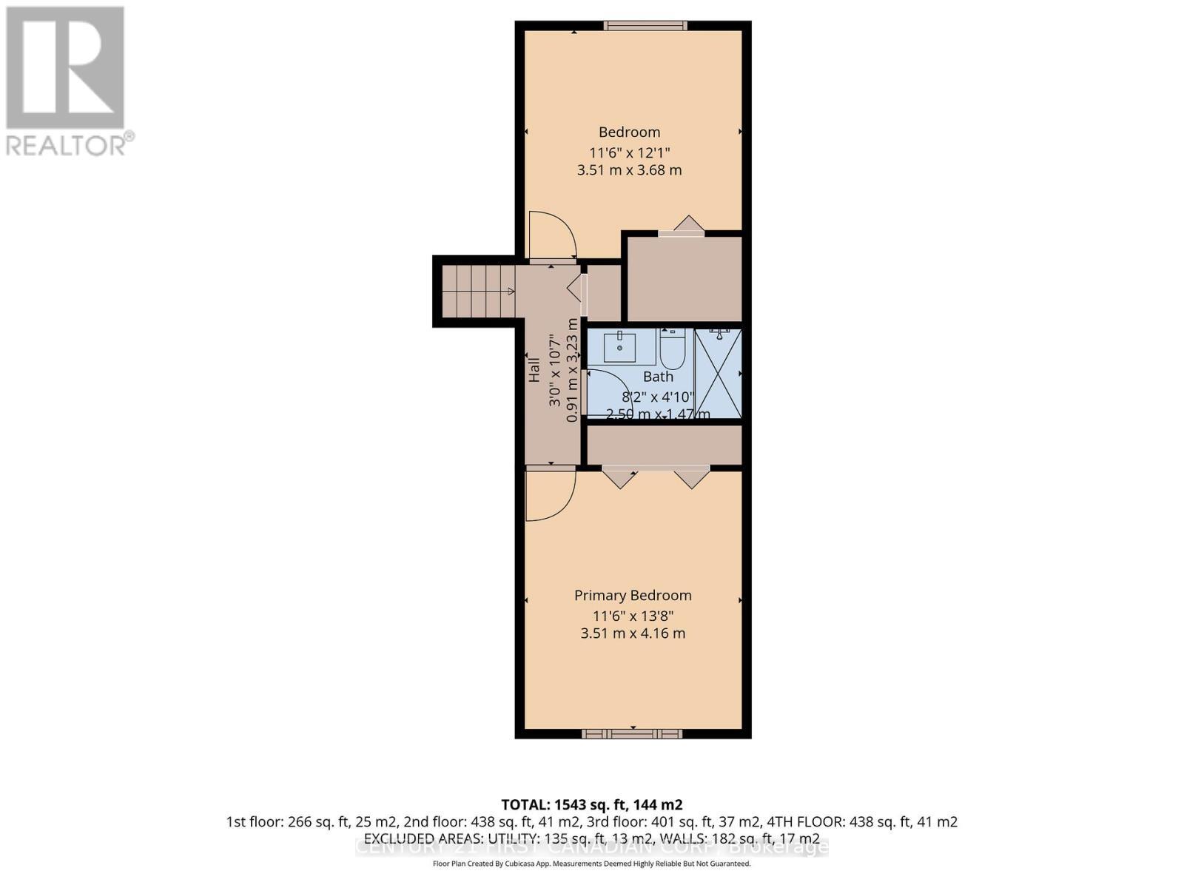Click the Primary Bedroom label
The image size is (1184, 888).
tap(633, 596)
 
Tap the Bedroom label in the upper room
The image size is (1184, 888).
tap(629, 132)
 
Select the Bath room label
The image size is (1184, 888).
tap(658, 377)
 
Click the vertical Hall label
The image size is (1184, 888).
tap(534, 370)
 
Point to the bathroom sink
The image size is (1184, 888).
tap(619, 346)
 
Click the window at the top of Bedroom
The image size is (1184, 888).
tap(645, 26)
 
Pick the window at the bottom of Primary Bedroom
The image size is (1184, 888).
tap(632, 733)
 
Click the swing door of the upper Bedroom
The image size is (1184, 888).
tap(552, 235)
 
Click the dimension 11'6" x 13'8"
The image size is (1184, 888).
tap(633, 616)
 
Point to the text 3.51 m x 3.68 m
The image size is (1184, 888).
tap(629, 170)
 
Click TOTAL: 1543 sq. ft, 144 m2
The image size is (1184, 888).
tap(591, 804)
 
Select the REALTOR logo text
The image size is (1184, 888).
tap(70, 144)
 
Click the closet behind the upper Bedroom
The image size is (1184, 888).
tap(684, 278)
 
